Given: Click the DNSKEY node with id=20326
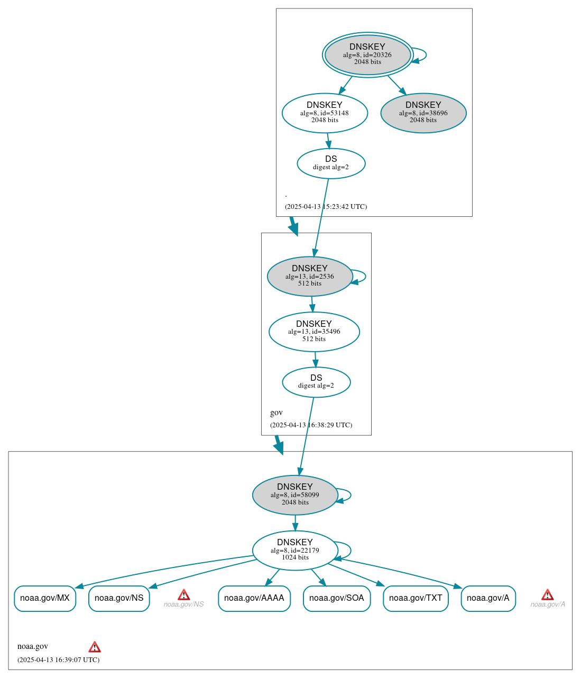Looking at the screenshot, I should (x=367, y=54).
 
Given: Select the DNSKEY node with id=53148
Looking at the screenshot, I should (x=325, y=113).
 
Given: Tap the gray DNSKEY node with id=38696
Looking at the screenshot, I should (x=423, y=113).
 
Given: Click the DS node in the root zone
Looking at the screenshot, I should (x=331, y=163).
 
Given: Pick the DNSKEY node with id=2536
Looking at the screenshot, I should (x=310, y=276).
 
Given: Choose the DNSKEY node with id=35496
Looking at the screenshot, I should (x=314, y=332).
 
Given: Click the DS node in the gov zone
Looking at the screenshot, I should (x=316, y=382).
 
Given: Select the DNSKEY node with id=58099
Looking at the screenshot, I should (x=295, y=495).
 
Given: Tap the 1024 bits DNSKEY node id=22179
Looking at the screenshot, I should (x=295, y=551).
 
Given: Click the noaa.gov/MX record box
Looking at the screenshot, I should (x=45, y=598).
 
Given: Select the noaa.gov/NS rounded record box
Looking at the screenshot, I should (x=119, y=598).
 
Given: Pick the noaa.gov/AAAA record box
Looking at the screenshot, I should (x=254, y=598).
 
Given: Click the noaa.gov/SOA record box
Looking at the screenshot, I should (x=337, y=598).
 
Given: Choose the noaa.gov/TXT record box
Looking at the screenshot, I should (x=416, y=598).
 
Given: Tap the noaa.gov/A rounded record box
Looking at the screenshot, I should (x=488, y=598).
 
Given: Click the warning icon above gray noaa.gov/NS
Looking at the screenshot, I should (x=183, y=595).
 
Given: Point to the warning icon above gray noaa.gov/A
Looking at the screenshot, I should (x=548, y=595).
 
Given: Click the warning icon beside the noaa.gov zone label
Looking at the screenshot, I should (x=95, y=647).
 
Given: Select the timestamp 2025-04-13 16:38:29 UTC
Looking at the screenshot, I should (x=311, y=425).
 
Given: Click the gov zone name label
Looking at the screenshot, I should (x=276, y=413).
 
